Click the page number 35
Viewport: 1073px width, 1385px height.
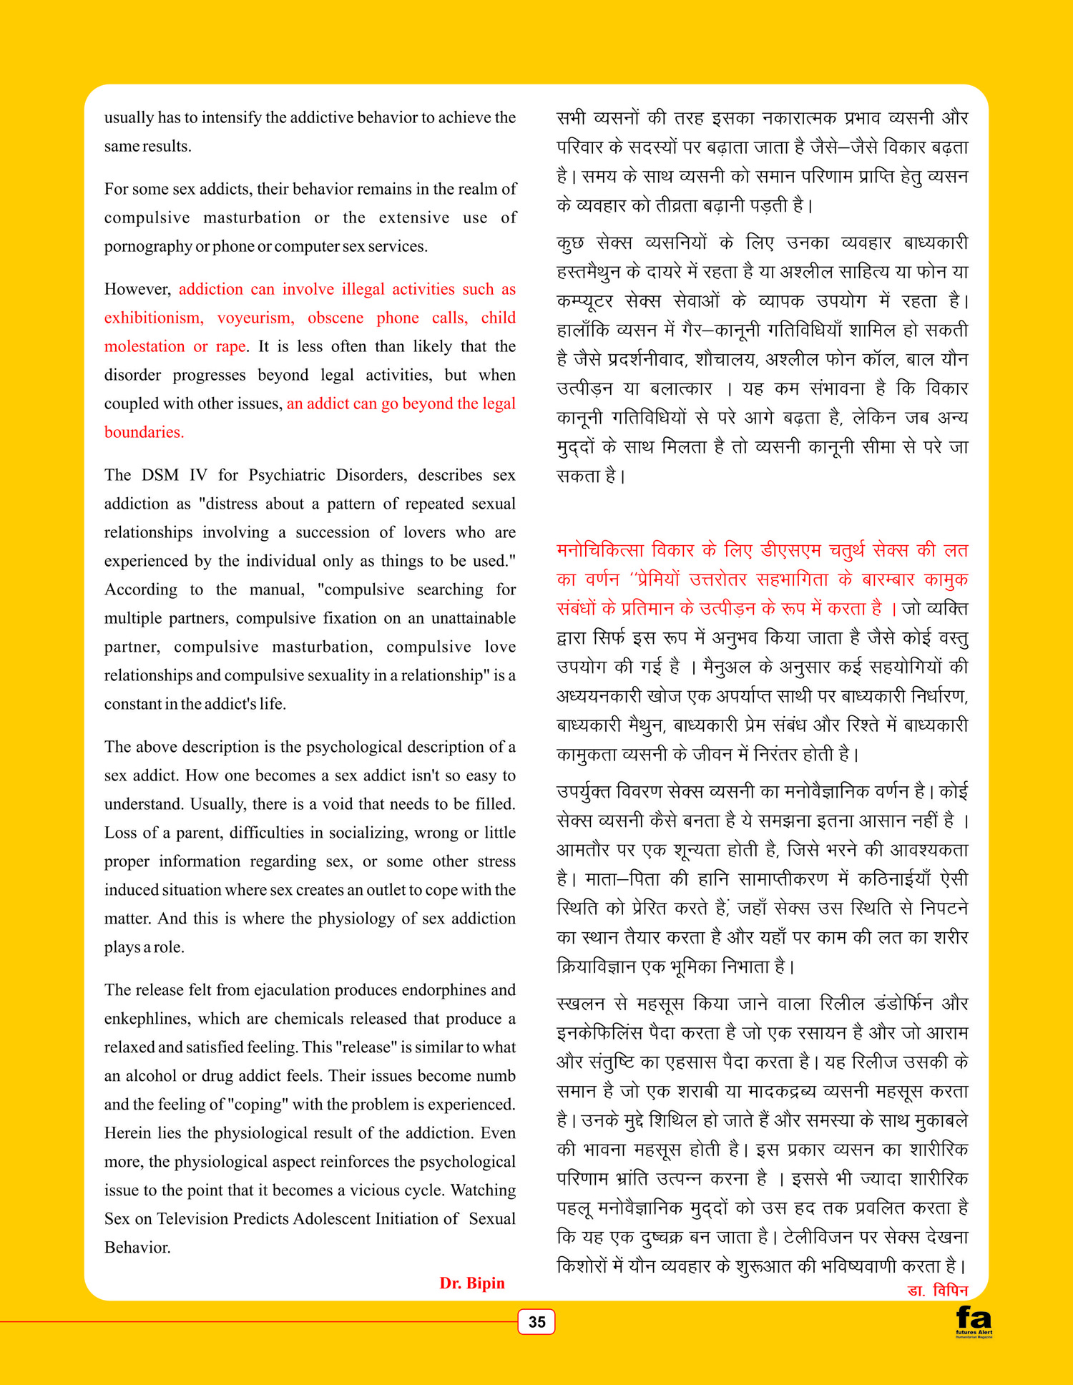click(x=536, y=1321)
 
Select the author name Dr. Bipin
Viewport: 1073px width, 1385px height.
click(x=472, y=1283)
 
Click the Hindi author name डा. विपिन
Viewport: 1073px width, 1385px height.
click(x=937, y=1291)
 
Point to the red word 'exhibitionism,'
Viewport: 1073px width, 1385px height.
click(x=154, y=318)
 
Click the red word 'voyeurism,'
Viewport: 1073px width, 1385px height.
click(x=255, y=318)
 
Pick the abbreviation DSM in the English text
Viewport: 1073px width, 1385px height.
click(x=160, y=475)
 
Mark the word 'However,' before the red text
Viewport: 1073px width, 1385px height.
click(x=137, y=289)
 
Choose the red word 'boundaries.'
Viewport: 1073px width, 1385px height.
click(x=144, y=432)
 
